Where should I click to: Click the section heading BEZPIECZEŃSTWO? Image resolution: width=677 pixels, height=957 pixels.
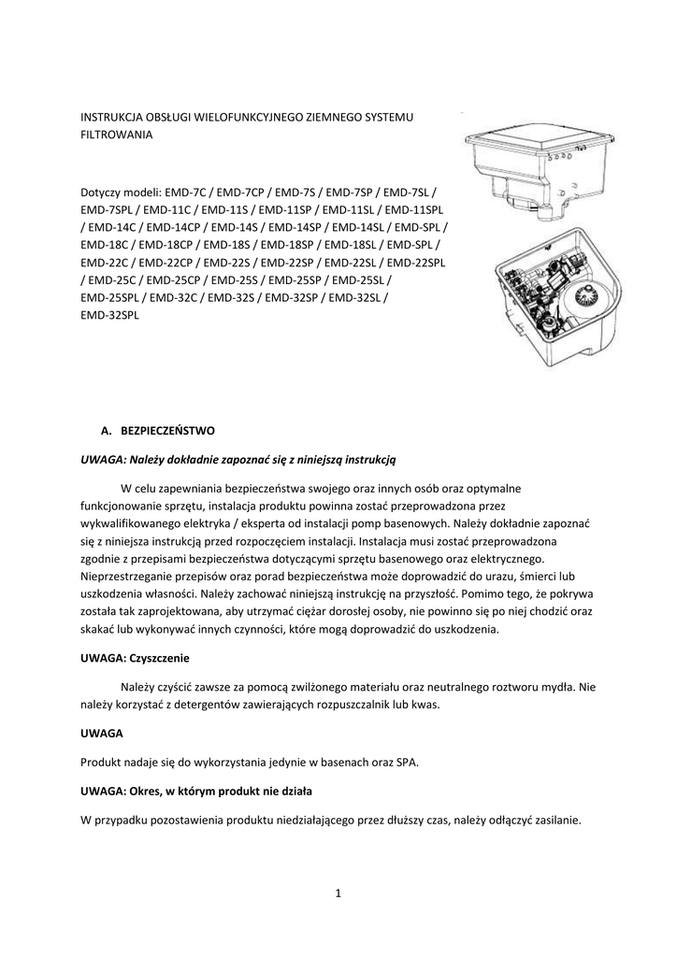(x=168, y=431)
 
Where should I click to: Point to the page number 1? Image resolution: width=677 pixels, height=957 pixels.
(x=338, y=893)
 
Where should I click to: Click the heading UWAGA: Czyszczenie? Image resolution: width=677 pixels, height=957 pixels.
(x=135, y=658)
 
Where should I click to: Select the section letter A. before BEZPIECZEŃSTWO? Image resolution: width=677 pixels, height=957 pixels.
(x=106, y=431)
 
